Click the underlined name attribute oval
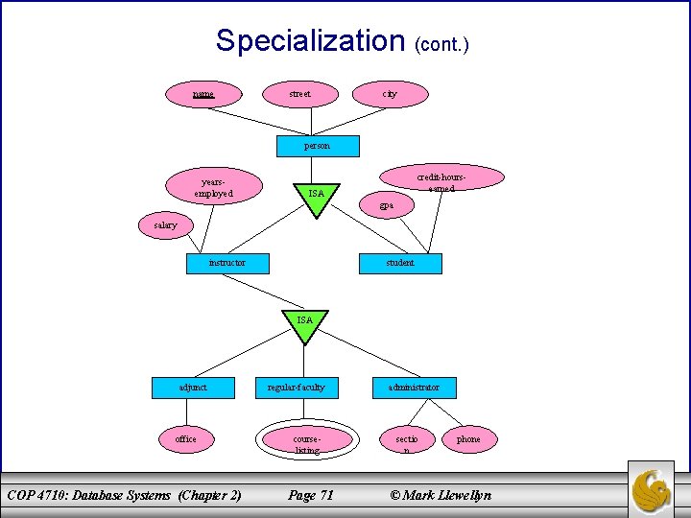point(203,94)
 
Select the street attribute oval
point(300,94)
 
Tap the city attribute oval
point(389,94)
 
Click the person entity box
point(317,146)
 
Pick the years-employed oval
point(213,186)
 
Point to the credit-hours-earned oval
point(442,178)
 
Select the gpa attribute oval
point(386,205)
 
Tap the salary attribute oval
point(166,225)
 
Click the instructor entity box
point(227,263)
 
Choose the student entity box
point(400,263)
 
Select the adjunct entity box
point(193,388)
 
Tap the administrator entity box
point(414,388)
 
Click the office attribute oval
point(186,439)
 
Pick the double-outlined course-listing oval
point(307,440)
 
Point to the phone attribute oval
point(468,439)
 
